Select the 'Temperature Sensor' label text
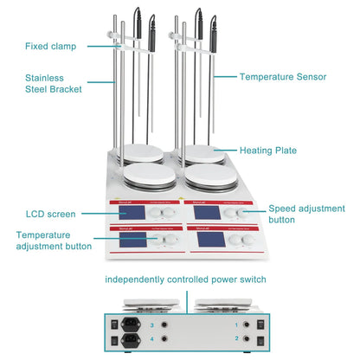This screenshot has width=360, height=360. [x=282, y=76]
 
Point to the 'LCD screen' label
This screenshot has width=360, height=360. [x=50, y=213]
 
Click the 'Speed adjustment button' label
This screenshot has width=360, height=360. [x=306, y=215]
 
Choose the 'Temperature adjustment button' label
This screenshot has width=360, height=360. [x=53, y=240]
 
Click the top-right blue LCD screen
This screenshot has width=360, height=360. [x=208, y=212]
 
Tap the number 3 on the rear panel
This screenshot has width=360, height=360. [x=152, y=325]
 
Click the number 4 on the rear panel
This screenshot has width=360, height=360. [x=152, y=340]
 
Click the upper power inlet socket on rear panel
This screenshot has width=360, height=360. [x=125, y=325]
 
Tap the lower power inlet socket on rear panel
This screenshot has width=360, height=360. [x=125, y=340]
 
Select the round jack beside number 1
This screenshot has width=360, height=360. [x=249, y=325]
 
